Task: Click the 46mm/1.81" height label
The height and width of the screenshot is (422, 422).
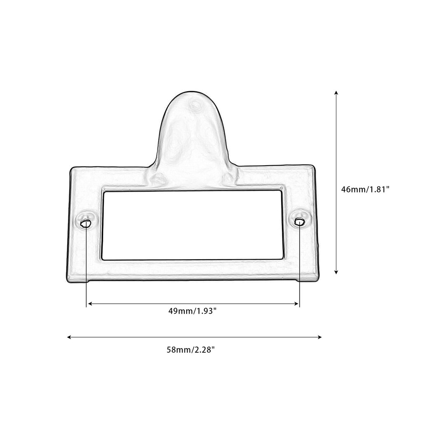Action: click(x=365, y=189)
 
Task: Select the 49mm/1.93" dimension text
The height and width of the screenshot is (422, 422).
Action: click(x=192, y=311)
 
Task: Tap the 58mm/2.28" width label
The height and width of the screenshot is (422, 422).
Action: click(x=191, y=350)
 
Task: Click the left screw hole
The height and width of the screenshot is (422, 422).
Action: click(x=86, y=223)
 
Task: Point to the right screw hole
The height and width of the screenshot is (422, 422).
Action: click(x=300, y=222)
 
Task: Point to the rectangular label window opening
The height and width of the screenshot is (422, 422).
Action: click(x=192, y=225)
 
